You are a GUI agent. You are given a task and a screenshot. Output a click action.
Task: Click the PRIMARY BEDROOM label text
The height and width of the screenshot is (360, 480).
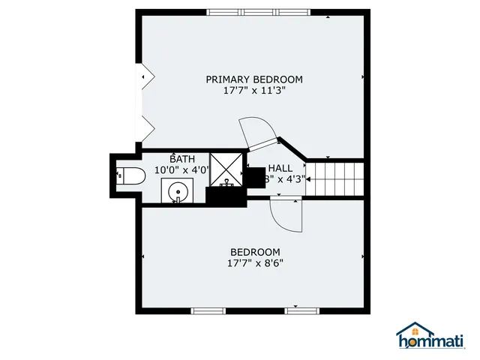254,79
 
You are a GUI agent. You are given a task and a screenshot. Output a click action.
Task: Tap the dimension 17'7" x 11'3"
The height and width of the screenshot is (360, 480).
254,90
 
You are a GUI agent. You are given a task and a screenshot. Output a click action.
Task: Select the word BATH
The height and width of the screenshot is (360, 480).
181,159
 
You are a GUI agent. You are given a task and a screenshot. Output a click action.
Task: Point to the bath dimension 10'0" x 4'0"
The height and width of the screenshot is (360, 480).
180,170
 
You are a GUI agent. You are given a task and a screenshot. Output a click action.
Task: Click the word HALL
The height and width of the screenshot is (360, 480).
280,168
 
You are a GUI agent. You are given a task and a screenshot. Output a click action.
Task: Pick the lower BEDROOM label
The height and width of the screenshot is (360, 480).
255,252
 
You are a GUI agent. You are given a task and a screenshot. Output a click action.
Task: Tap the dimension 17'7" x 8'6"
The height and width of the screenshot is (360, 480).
255,263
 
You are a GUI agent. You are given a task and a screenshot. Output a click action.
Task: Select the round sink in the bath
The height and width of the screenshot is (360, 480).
178,192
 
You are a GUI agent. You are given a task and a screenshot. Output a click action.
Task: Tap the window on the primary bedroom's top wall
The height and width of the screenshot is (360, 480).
258,12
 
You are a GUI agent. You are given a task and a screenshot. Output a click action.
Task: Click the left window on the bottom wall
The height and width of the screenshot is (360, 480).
208,310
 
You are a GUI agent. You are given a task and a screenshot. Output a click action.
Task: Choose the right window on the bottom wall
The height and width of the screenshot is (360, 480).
302,310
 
